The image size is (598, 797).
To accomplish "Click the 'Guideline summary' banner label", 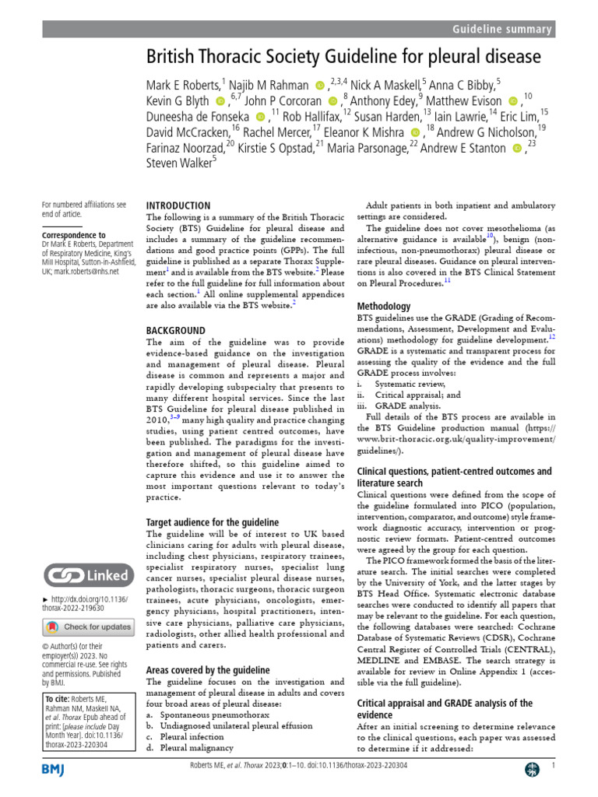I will (502, 30).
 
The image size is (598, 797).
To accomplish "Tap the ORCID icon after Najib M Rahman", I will (320, 84).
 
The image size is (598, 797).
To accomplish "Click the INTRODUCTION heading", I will (178, 206).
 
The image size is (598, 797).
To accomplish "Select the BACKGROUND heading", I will (176, 331).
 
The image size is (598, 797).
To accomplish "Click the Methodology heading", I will (384, 307).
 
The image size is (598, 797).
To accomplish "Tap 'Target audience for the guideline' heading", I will (213, 522).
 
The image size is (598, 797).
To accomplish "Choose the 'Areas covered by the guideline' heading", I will (208, 670).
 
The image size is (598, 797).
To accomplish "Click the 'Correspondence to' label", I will (73, 234).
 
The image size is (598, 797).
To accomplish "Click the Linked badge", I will (86, 576).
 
